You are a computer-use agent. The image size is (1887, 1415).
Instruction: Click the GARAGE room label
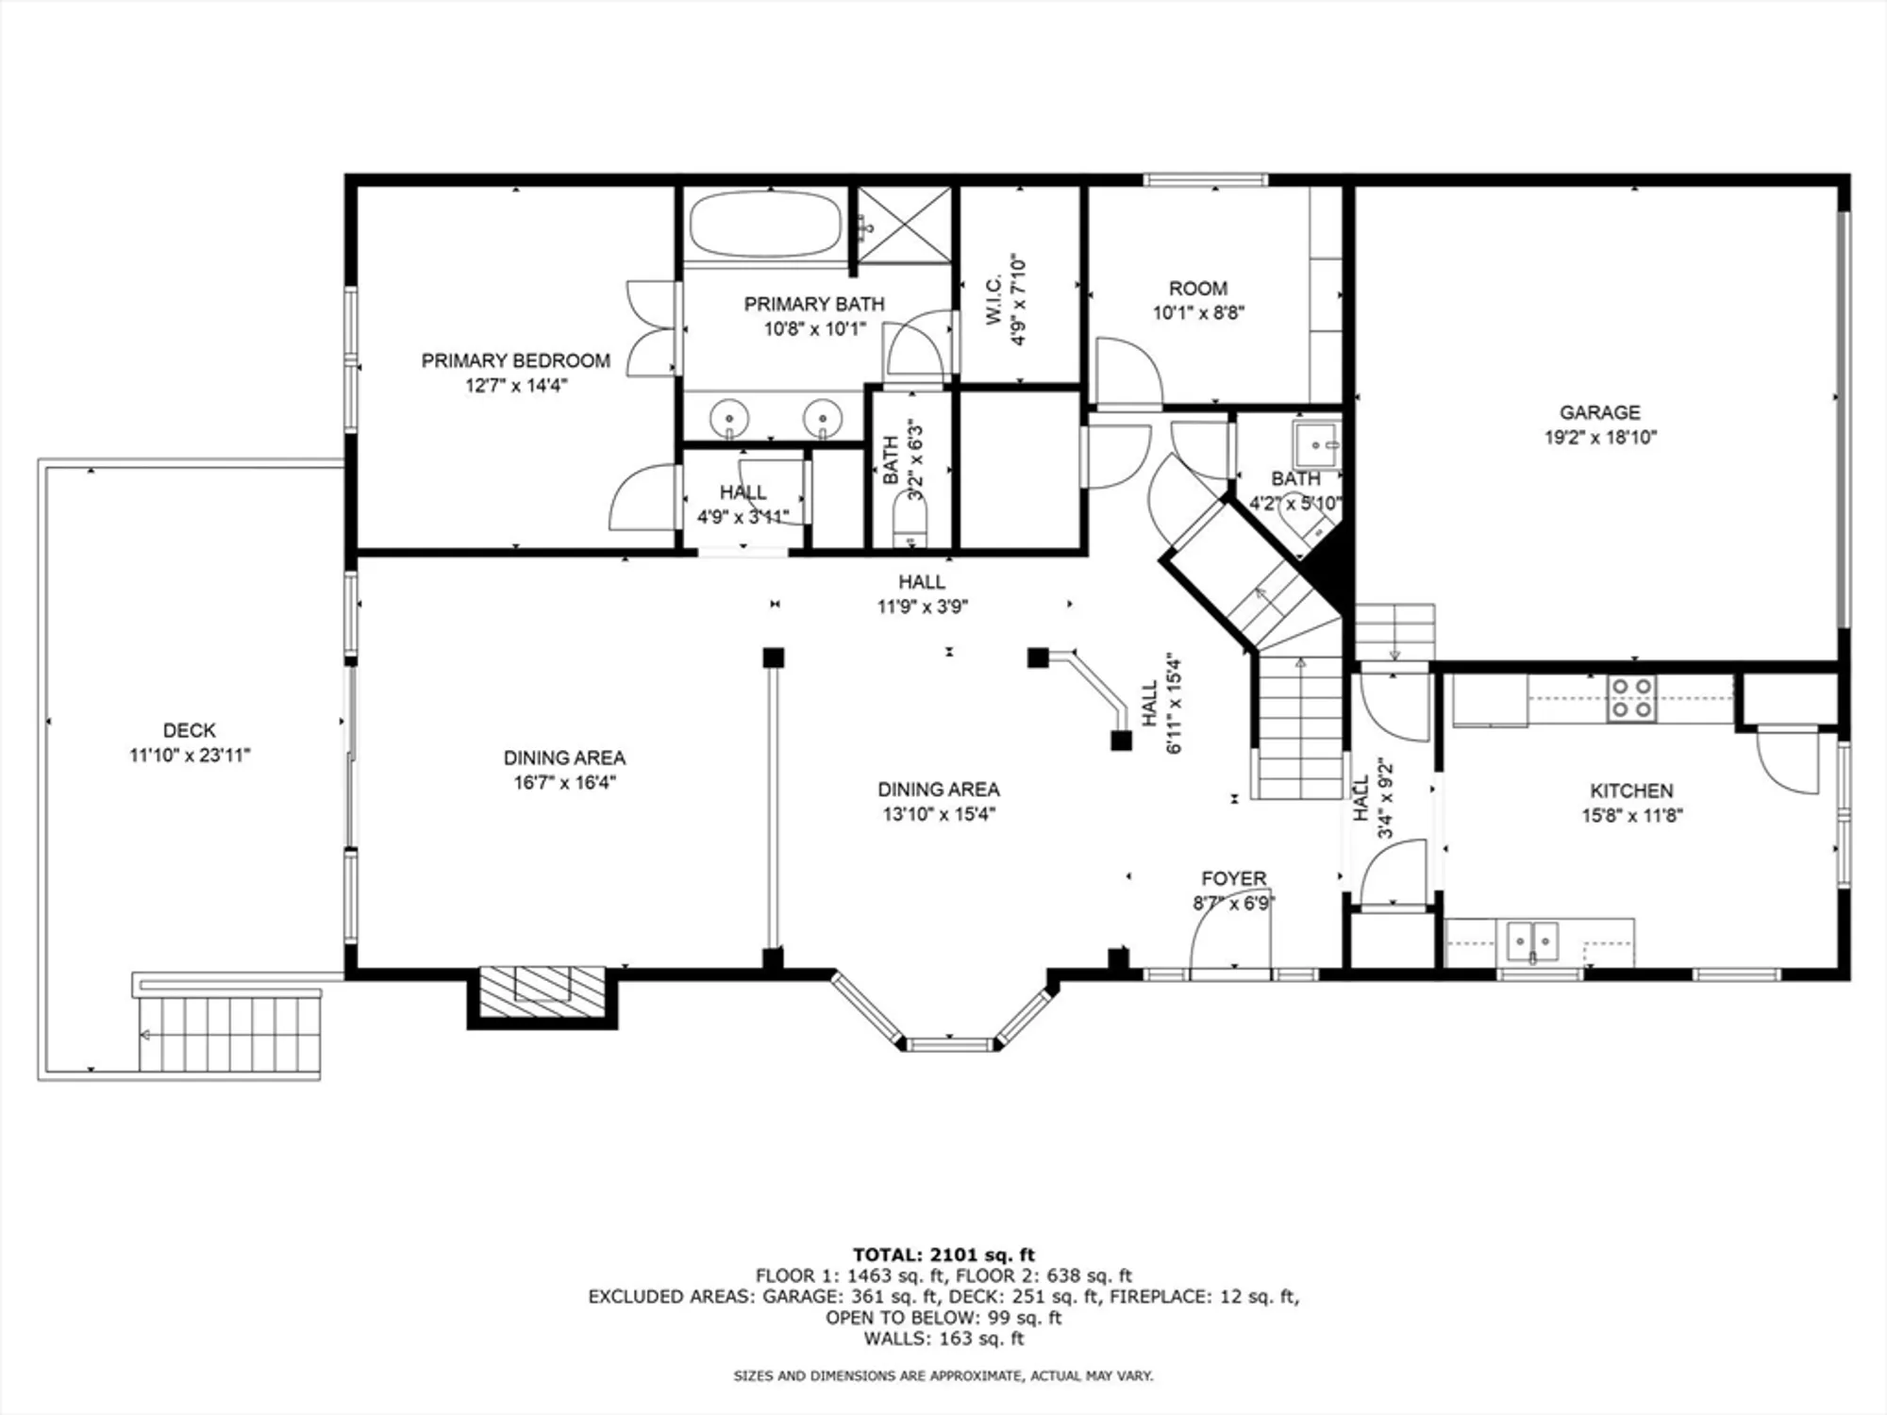(1599, 412)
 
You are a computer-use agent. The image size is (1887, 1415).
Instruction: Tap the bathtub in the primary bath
(764, 225)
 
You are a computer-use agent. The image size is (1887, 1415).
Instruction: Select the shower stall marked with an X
(904, 225)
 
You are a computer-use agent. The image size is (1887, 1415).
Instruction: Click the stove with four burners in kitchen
(1631, 699)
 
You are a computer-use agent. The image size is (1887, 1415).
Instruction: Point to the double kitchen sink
(1531, 941)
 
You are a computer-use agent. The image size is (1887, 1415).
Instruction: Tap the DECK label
(190, 730)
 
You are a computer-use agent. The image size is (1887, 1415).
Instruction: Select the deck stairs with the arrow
(229, 1034)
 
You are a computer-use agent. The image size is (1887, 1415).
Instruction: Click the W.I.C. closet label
(994, 300)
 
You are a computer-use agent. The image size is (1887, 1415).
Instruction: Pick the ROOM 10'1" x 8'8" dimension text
(1198, 312)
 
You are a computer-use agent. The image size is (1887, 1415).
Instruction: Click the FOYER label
(1233, 878)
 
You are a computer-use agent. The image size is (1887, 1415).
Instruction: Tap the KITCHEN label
(1631, 791)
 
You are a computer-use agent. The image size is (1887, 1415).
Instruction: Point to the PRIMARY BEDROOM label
(515, 360)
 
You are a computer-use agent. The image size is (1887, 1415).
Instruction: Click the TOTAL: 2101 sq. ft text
(943, 1255)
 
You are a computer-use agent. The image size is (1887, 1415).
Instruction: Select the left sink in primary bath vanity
(729, 417)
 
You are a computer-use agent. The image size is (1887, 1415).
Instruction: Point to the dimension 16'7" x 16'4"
(564, 782)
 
